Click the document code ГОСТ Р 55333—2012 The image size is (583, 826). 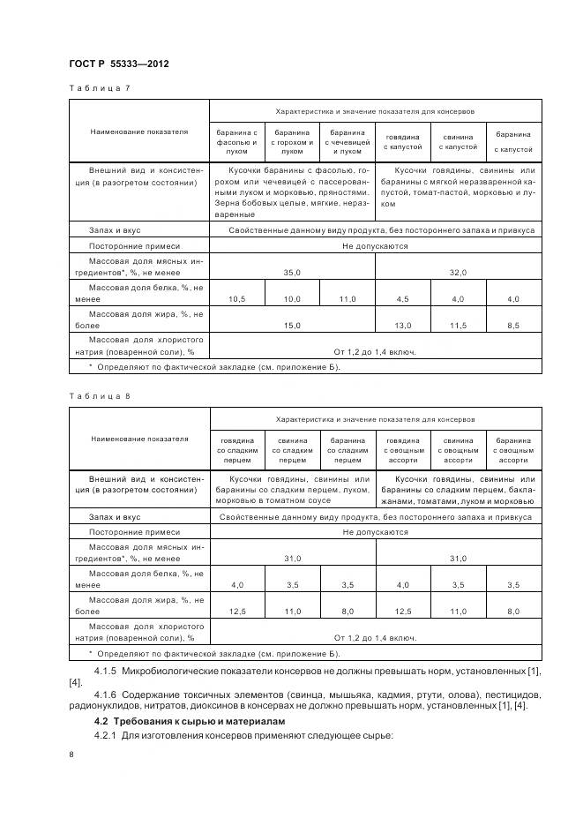118,64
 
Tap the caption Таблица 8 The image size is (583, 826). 98,396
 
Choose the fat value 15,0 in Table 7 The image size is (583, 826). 292,326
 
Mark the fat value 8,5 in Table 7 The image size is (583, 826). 512,326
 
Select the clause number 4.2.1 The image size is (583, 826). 107,736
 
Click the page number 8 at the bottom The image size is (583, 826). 71,755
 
